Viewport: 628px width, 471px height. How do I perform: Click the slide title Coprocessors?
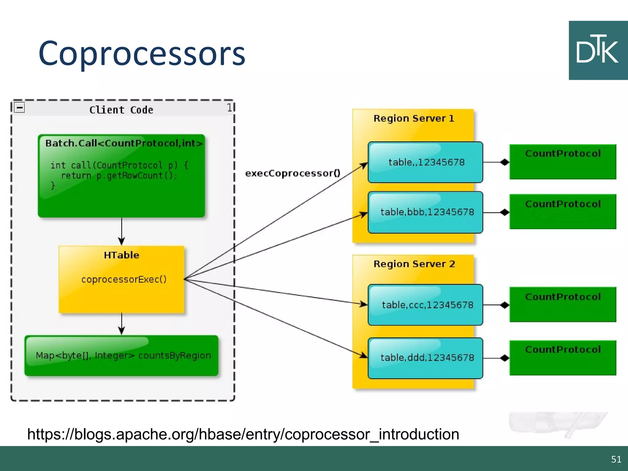pos(142,54)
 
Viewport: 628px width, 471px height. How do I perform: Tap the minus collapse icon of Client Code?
pos(20,108)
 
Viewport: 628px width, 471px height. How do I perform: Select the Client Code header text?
pos(121,110)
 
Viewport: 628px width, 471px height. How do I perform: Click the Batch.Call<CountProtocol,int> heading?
pos(124,143)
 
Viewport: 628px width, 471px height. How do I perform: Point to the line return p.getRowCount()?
pos(119,176)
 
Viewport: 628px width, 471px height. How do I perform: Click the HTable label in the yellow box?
pos(121,255)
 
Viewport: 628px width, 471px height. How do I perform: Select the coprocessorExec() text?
pos(124,279)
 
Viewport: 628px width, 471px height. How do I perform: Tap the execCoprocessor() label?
pos(293,173)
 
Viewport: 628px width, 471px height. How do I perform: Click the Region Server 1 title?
pos(413,118)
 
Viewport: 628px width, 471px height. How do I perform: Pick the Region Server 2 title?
pos(414,264)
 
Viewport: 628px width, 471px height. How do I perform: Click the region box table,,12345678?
pos(426,162)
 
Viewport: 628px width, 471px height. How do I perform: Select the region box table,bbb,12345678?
pos(426,212)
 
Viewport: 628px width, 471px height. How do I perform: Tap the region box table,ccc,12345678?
pos(426,305)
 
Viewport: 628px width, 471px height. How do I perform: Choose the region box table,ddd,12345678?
pos(426,358)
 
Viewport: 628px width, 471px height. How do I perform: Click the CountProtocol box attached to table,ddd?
pos(563,358)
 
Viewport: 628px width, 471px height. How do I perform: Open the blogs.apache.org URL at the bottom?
pos(243,434)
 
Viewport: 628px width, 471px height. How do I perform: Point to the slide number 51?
pos(616,459)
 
